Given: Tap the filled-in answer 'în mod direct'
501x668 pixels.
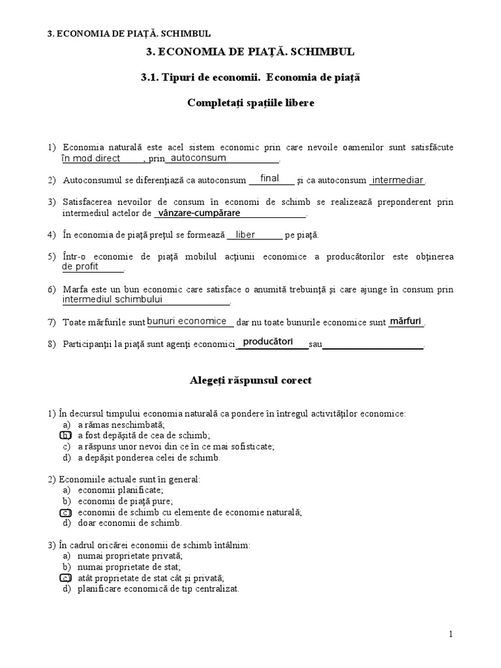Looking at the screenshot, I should click(x=91, y=159).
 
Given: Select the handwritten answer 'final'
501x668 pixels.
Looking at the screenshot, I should click(x=269, y=178).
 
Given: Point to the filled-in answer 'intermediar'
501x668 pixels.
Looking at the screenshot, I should click(x=397, y=180).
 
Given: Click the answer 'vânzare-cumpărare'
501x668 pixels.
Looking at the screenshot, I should click(x=200, y=213).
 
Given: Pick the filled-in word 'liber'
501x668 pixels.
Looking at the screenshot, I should click(x=245, y=234).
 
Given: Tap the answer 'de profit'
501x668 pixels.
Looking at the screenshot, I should click(x=80, y=267).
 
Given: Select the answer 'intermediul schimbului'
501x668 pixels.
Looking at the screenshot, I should click(x=112, y=299).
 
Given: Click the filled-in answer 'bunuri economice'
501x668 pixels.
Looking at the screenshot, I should click(x=187, y=321).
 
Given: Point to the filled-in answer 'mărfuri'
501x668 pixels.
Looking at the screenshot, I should click(x=405, y=321).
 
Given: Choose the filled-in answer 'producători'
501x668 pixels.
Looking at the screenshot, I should click(x=267, y=342).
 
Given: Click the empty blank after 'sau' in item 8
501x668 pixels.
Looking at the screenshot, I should click(x=373, y=345).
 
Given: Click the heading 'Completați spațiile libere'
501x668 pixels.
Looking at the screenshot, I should click(x=250, y=103).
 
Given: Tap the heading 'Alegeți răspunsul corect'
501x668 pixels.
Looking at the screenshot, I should click(x=250, y=380).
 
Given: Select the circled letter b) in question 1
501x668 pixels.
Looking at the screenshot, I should click(x=65, y=435).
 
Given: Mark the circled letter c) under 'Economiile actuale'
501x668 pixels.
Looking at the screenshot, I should click(x=65, y=512).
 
